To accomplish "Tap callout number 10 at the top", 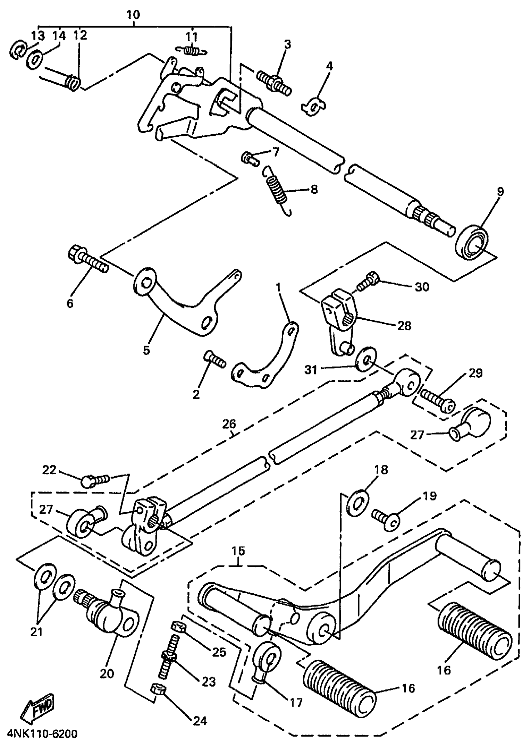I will (x=133, y=15).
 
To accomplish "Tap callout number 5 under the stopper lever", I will (x=146, y=350).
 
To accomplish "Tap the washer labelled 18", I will (x=358, y=503).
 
